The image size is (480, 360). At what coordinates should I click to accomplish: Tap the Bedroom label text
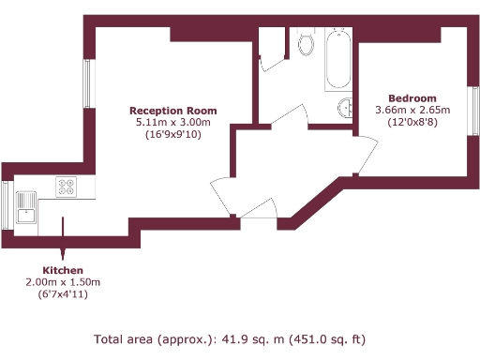coord(412,98)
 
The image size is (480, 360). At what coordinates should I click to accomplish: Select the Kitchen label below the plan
coord(63,270)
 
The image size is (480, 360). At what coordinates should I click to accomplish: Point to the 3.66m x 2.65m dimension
coord(412,111)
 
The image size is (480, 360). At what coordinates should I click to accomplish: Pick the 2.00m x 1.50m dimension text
coord(63,282)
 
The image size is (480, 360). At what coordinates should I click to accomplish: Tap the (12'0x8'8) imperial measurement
coord(412,123)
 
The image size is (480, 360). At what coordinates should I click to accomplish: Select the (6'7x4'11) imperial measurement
coord(63,294)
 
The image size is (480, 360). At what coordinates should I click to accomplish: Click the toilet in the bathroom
coord(305,43)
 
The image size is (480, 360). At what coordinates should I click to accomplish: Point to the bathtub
coord(337,58)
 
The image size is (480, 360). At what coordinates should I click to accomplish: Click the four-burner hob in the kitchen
coord(67,187)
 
